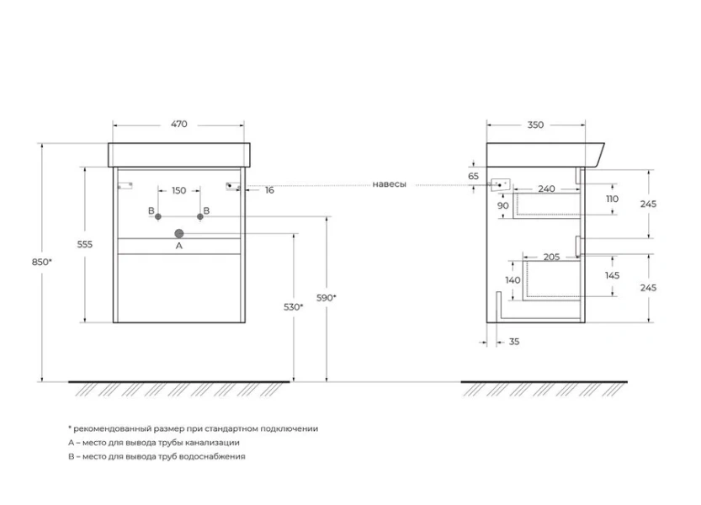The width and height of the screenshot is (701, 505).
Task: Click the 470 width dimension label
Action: pyautogui.click(x=178, y=125)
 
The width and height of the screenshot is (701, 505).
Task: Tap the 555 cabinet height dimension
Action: pyautogui.click(x=83, y=244)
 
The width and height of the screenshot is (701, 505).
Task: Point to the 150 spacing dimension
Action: pyautogui.click(x=178, y=191)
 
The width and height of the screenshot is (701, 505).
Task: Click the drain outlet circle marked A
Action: pyautogui.click(x=178, y=232)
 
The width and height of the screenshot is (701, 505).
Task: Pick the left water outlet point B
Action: pyautogui.click(x=157, y=217)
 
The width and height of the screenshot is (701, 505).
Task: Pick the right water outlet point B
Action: pyautogui.click(x=199, y=217)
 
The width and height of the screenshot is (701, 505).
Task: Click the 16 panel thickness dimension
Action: pyautogui.click(x=269, y=190)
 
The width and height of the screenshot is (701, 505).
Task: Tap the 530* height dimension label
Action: pyautogui.click(x=293, y=307)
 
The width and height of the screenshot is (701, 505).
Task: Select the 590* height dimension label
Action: pyautogui.click(x=327, y=298)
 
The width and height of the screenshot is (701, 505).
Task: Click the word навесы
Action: pyautogui.click(x=390, y=184)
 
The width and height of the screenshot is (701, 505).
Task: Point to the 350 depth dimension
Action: pyautogui.click(x=535, y=125)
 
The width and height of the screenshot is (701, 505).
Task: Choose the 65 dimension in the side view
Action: pyautogui.click(x=473, y=176)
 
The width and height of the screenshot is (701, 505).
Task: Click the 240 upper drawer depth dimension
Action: pyautogui.click(x=546, y=189)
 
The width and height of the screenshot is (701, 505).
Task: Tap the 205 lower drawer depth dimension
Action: pyautogui.click(x=551, y=257)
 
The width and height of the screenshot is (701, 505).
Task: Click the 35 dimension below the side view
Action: pyautogui.click(x=513, y=342)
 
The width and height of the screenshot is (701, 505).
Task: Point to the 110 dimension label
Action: pyautogui.click(x=612, y=199)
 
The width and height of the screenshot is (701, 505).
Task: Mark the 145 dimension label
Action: pyautogui.click(x=612, y=275)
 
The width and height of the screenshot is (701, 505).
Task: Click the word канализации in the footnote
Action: pyautogui.click(x=212, y=442)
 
